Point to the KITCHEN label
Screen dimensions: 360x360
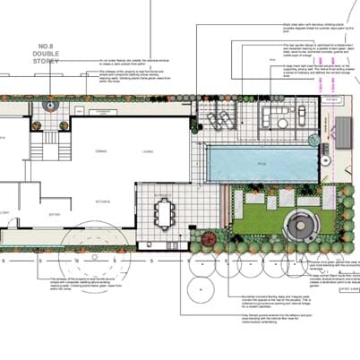point(103,202)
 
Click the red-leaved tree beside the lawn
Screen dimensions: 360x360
point(209,239)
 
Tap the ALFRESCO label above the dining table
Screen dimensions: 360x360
point(162,194)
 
